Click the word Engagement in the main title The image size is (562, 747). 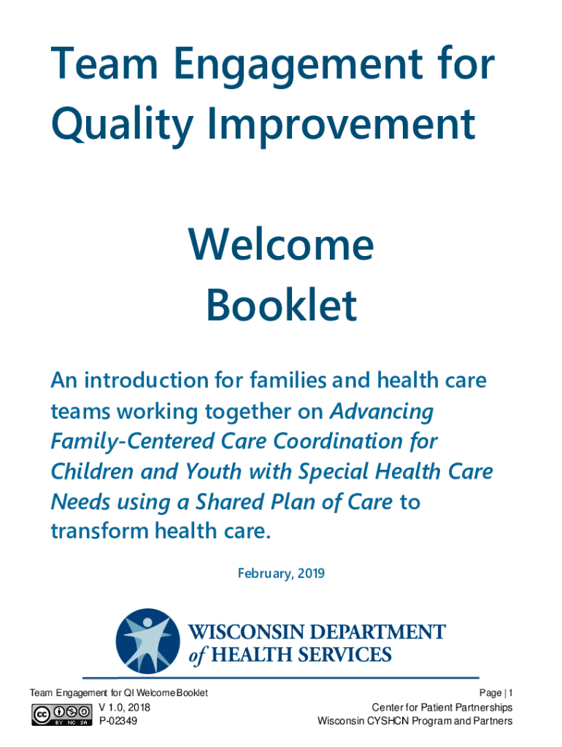pos(298,66)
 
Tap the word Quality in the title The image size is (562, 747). pos(122,125)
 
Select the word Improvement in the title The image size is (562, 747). pos(341,125)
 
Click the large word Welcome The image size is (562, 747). pos(281,244)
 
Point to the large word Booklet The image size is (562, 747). pos(281,305)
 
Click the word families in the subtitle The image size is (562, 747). pos(289,380)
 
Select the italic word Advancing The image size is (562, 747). pos(382,412)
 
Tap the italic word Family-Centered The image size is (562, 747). pos(133,441)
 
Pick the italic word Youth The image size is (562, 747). pos(214,472)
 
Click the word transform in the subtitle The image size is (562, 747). pos(99,531)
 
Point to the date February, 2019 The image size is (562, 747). pos(281,573)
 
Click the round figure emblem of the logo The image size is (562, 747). pos(147,640)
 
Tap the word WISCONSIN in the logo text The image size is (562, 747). pos(247,632)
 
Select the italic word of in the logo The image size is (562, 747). pos(197,655)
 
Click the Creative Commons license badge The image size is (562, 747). pos(62,715)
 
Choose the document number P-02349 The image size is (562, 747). pos(118,721)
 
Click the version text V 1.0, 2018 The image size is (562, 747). pos(124,708)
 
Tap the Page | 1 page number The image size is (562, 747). pos(496,693)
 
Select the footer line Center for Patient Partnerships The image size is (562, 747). pos(442,708)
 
